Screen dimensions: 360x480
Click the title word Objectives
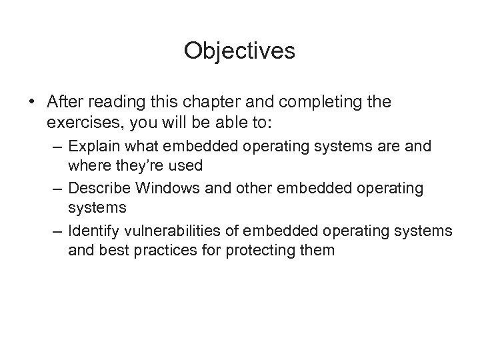240,51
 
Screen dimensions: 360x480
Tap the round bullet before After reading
32,103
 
